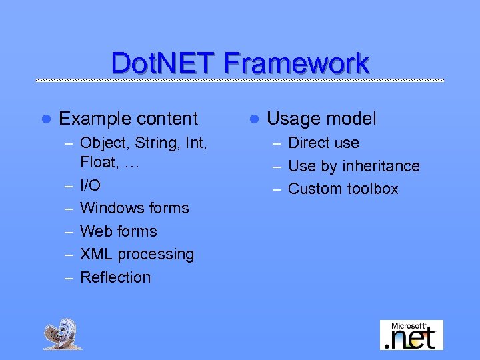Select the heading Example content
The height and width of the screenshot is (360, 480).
click(128, 119)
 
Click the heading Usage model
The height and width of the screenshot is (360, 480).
click(321, 119)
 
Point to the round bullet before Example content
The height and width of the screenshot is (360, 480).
click(45, 119)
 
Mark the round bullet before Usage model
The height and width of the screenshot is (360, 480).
click(253, 119)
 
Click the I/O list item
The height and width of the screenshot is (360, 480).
click(90, 185)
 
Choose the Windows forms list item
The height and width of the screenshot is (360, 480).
click(134, 208)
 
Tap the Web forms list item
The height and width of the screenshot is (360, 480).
click(118, 231)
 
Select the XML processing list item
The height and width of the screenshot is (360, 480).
click(137, 255)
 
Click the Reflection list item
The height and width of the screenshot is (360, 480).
click(115, 277)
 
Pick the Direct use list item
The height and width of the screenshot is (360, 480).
click(323, 143)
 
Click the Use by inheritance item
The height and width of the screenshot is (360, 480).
click(353, 166)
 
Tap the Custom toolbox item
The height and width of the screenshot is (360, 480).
click(343, 189)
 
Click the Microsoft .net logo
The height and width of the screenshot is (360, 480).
click(411, 335)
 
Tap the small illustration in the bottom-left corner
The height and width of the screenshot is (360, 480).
click(63, 334)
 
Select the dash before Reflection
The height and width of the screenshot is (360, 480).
click(69, 278)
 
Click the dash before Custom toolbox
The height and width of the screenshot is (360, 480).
click(277, 189)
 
